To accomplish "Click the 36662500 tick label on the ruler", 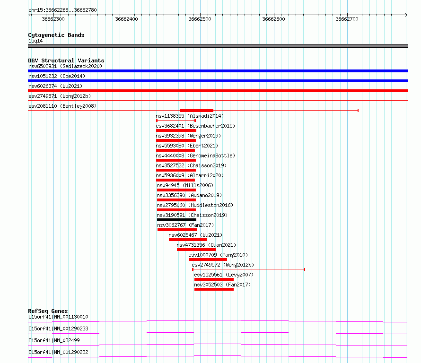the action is pyautogui.click(x=200, y=19).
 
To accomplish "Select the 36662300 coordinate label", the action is pyautogui.click(x=53, y=19).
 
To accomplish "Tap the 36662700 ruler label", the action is pyautogui.click(x=347, y=19).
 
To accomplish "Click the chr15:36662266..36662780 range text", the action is pyautogui.click(x=62, y=10).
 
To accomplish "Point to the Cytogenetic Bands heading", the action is pyautogui.click(x=56, y=35).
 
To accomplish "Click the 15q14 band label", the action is pyautogui.click(x=35, y=41).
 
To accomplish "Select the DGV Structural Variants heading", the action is pyautogui.click(x=66, y=60).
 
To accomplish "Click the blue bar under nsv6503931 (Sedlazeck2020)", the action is pyautogui.click(x=218, y=71).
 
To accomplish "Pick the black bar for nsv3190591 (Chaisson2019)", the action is pyautogui.click(x=176, y=220).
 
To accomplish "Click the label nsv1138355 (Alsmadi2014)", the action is pyautogui.click(x=190, y=116).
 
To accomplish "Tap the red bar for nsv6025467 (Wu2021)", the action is pyautogui.click(x=188, y=240).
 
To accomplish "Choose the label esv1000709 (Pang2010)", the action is pyautogui.click(x=218, y=255).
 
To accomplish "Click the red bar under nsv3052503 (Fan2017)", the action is pyautogui.click(x=214, y=289).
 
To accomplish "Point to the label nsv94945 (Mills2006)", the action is pyautogui.click(x=185, y=185).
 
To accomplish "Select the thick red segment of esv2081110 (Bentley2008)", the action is pyautogui.click(x=196, y=111).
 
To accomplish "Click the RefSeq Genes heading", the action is pyautogui.click(x=48, y=311).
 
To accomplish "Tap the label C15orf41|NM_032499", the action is pyautogui.click(x=54, y=340).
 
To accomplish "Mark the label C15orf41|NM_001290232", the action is pyautogui.click(x=58, y=352).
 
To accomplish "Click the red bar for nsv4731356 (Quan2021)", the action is pyautogui.click(x=196, y=250).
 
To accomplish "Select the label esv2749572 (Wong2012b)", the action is pyautogui.click(x=223, y=265).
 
